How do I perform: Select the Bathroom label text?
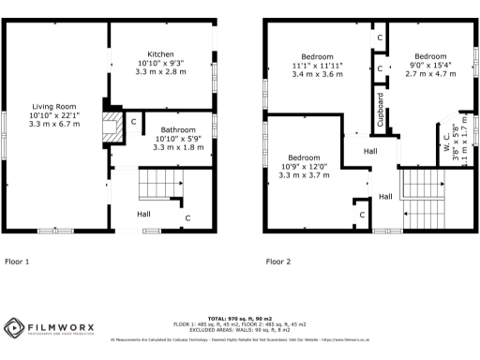pos(177,129)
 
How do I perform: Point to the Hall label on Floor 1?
pos(143,215)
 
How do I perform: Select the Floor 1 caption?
pos(18,262)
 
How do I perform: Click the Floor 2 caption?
pos(278,262)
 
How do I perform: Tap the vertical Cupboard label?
pos(381,110)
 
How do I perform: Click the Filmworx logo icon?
pos(14,328)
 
